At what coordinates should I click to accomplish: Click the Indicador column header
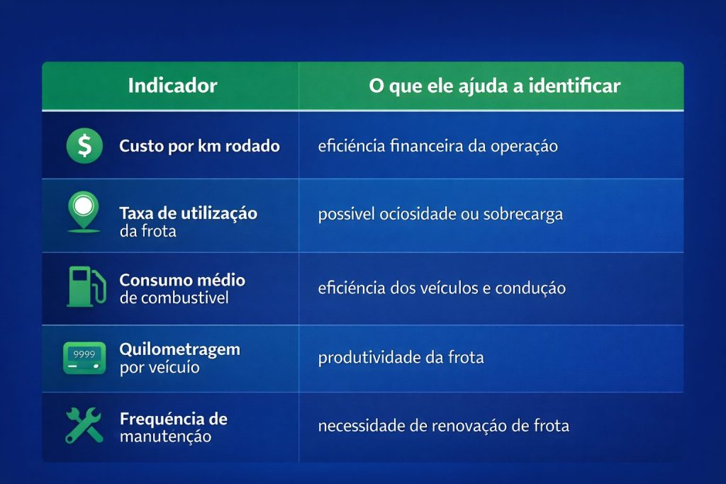pyautogui.click(x=172, y=86)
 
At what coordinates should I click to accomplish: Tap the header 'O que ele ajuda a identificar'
pyautogui.click(x=494, y=86)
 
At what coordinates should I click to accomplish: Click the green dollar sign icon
pyautogui.click(x=84, y=146)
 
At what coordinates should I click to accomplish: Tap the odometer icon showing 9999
pyautogui.click(x=84, y=357)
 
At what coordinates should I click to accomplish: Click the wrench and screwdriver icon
pyautogui.click(x=84, y=425)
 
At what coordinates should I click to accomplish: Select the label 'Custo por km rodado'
pyautogui.click(x=199, y=147)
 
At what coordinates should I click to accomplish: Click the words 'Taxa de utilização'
pyautogui.click(x=188, y=213)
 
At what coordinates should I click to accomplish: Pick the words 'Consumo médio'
pyautogui.click(x=182, y=280)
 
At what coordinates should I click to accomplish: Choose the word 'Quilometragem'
pyautogui.click(x=179, y=349)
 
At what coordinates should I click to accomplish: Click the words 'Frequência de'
pyautogui.click(x=174, y=418)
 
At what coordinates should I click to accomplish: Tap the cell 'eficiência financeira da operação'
pyautogui.click(x=438, y=147)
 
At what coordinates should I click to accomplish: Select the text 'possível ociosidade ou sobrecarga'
pyautogui.click(x=440, y=215)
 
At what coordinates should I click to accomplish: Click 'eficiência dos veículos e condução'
pyautogui.click(x=442, y=288)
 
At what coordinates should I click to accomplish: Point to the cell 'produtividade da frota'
pyautogui.click(x=401, y=357)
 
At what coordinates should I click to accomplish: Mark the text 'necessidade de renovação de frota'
pyautogui.click(x=443, y=426)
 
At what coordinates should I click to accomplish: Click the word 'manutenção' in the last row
pyautogui.click(x=165, y=436)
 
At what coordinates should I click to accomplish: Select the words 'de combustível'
pyautogui.click(x=174, y=298)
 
